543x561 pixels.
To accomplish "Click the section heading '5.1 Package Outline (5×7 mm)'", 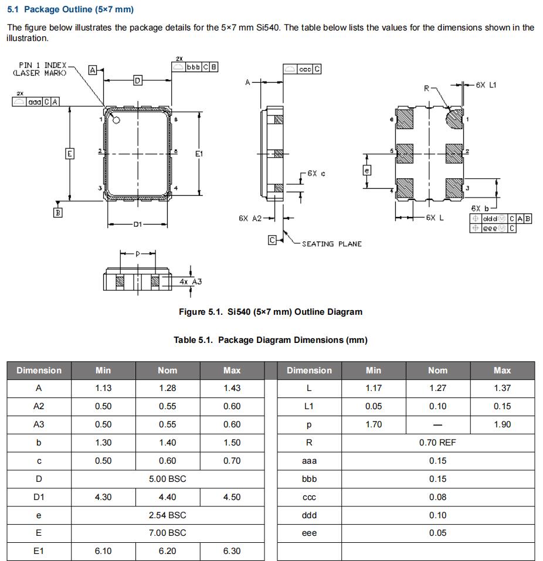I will point(70,9).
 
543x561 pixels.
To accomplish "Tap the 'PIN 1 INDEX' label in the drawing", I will point(43,66).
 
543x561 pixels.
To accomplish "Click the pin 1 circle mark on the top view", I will point(116,120).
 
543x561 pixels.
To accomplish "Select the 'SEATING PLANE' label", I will point(331,244).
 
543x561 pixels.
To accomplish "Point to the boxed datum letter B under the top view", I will point(57,213).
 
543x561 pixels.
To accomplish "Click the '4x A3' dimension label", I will point(190,281).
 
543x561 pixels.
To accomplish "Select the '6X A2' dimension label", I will point(250,218).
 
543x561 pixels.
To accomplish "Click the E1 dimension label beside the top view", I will point(199,154).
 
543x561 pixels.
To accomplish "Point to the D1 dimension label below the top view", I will point(138,225).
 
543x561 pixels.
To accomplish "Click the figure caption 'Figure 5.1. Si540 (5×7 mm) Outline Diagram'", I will point(270,312).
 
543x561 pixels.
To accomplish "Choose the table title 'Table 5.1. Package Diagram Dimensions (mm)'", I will point(270,340).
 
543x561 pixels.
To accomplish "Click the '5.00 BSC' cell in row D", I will point(168,478).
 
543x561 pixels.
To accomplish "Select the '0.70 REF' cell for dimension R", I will point(437,443).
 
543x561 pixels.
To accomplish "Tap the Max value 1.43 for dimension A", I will point(232,388).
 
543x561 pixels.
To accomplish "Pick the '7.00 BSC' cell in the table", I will point(168,533).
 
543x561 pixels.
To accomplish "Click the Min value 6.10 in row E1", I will point(103,551).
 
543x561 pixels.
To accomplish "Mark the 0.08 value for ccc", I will point(437,497).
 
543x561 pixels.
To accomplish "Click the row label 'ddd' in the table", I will point(309,515).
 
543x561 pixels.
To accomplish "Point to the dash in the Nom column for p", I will point(437,424).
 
